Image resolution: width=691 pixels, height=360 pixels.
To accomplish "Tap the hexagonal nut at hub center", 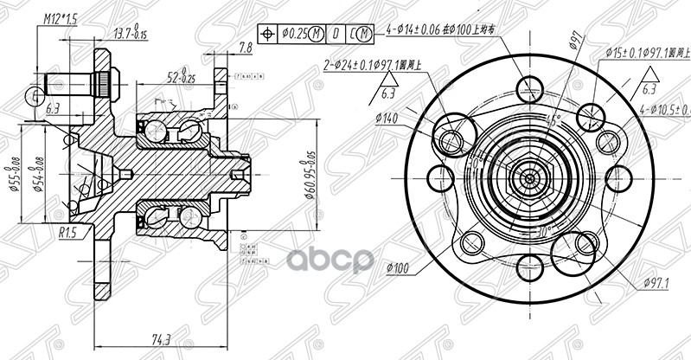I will [x=527, y=178].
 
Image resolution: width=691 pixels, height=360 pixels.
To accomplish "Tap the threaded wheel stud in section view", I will [x=74, y=85].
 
